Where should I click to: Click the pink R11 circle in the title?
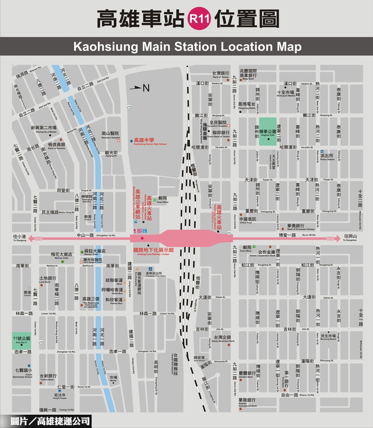[x=198, y=20]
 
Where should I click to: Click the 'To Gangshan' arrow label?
[x=351, y=237]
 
